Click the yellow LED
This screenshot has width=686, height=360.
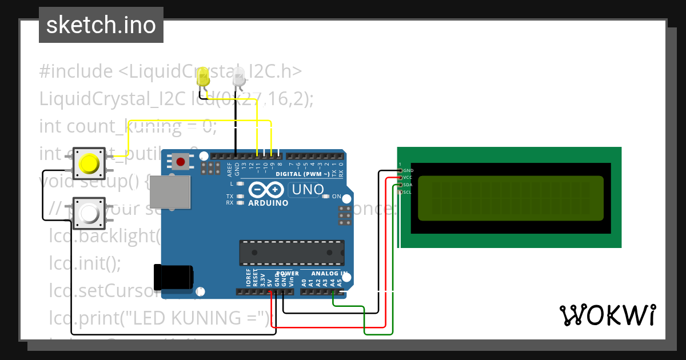[202, 77]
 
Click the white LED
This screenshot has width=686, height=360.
[239, 77]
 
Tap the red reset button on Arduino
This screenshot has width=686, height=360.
[181, 162]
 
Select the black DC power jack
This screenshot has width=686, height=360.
[174, 277]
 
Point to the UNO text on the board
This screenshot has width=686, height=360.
[308, 189]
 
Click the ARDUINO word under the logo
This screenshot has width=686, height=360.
[268, 202]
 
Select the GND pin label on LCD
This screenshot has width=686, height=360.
[408, 170]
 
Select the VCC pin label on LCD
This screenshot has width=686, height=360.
[408, 178]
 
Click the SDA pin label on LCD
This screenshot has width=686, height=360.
[408, 185]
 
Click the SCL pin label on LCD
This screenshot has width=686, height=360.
[408, 193]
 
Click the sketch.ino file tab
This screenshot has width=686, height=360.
[101, 25]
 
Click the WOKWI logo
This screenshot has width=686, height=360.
[607, 315]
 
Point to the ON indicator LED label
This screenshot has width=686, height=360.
[336, 197]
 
